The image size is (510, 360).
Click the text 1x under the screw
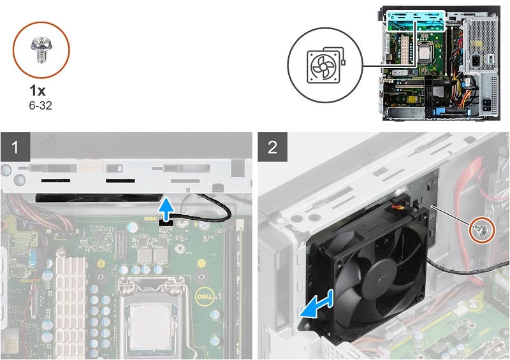(38, 90)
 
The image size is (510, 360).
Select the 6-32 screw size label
(40, 105)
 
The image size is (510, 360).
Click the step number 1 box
(15, 147)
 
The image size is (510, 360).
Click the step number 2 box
(273, 147)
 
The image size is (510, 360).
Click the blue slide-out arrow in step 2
(316, 304)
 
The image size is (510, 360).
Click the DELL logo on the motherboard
(204, 296)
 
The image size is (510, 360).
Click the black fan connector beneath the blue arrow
(166, 222)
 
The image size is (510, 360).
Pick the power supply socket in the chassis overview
(475, 60)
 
